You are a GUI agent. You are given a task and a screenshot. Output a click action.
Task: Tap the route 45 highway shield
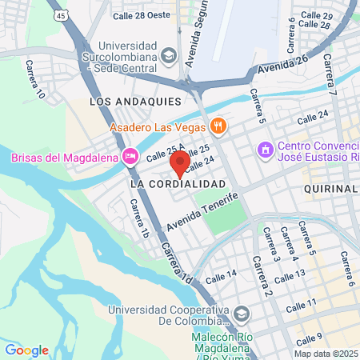pyautogui.click(x=61, y=15)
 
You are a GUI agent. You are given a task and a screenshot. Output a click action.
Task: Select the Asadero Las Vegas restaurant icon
pyautogui.click(x=218, y=126)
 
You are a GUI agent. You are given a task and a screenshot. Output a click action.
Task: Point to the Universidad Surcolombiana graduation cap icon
pyautogui.click(x=169, y=56)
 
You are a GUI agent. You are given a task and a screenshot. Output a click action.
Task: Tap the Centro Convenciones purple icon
pyautogui.click(x=265, y=150)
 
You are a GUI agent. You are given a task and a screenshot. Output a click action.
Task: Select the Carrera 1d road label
pyautogui.click(x=177, y=263)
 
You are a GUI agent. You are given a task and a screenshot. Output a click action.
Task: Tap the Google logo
pyautogui.click(x=26, y=350)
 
